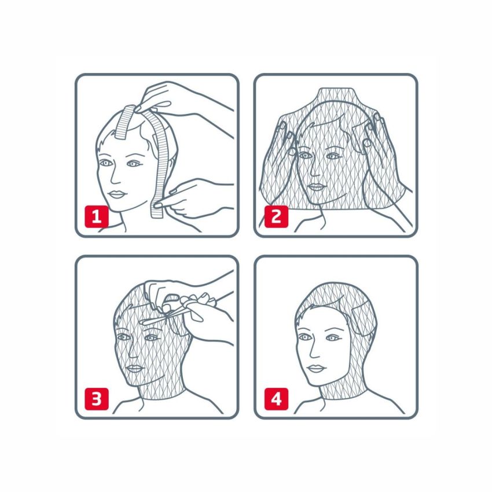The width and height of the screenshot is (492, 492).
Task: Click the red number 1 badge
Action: [x=97, y=216]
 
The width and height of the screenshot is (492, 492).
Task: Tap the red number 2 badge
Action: [x=276, y=216]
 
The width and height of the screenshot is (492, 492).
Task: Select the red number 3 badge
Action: [x=97, y=399]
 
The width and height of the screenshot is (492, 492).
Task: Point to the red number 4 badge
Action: [x=276, y=399]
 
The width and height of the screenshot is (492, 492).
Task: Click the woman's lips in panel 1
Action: [x=116, y=194]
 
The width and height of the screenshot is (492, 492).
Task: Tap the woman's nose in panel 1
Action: [x=116, y=177]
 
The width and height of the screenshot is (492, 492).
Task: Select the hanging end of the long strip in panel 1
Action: [x=157, y=208]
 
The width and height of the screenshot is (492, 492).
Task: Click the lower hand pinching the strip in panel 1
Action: [x=194, y=198]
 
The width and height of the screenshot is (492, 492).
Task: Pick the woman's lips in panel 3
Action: [x=134, y=368]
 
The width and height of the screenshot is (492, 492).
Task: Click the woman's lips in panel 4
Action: [x=315, y=368]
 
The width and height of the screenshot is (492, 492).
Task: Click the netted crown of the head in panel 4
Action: [x=335, y=295]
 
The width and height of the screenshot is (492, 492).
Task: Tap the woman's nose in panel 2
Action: [x=315, y=170]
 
